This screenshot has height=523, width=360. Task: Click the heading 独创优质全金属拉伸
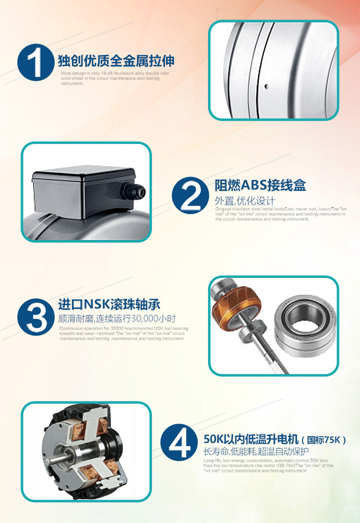tap(116, 61)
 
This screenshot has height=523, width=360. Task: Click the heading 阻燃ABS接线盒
tap(260, 185)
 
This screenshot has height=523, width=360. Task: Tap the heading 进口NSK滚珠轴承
tap(109, 304)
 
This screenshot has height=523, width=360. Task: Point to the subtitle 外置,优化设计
tap(245, 201)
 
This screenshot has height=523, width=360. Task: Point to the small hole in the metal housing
tap(266, 86)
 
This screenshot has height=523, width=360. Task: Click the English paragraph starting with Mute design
tap(108, 78)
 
